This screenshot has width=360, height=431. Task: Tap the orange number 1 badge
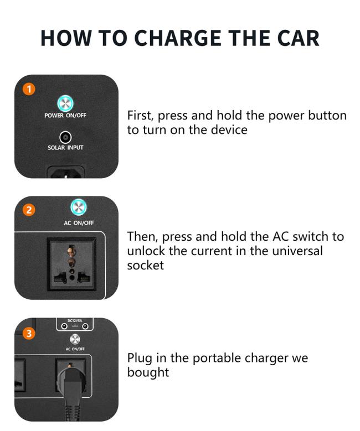pyautogui.click(x=29, y=89)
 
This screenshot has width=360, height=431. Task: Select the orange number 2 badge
pyautogui.click(x=29, y=210)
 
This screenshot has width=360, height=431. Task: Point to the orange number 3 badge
pyautogui.click(x=29, y=334)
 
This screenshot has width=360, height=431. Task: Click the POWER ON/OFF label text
pyautogui.click(x=65, y=116)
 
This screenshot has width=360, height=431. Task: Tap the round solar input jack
pyautogui.click(x=65, y=137)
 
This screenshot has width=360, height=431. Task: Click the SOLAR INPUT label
pyautogui.click(x=65, y=148)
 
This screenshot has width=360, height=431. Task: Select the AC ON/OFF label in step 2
pyautogui.click(x=79, y=223)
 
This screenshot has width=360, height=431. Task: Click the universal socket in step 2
pyautogui.click(x=72, y=264)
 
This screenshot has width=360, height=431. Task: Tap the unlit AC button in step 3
pyautogui.click(x=75, y=339)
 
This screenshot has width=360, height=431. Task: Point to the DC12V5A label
pyautogui.click(x=75, y=320)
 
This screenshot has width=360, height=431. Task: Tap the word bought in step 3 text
pyautogui.click(x=148, y=372)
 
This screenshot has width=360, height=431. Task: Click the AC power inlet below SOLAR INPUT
pyautogui.click(x=66, y=172)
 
